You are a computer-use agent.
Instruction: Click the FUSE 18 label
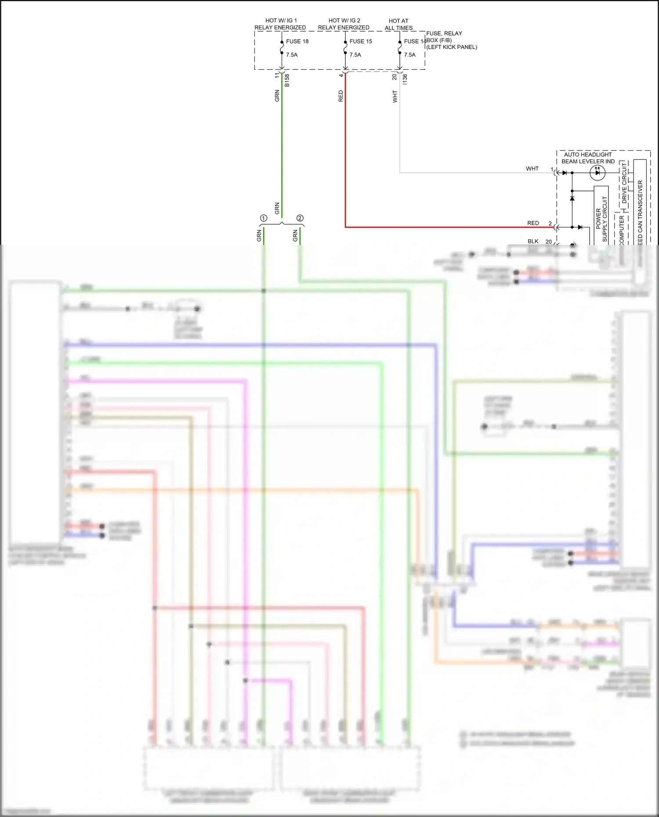[x=297, y=41]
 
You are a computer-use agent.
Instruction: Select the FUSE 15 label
[x=361, y=41]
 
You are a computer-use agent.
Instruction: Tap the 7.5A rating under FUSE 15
[x=355, y=55]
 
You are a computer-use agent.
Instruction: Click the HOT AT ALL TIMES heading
[x=398, y=24]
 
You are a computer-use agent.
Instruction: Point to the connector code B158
[x=287, y=80]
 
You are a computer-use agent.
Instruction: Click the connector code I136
[x=405, y=79]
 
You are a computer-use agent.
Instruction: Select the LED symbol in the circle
[x=597, y=173]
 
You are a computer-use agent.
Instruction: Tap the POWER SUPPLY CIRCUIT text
[x=601, y=219]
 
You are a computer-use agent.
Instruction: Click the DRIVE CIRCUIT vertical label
[x=624, y=183]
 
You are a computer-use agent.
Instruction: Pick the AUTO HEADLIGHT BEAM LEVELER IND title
[x=588, y=158]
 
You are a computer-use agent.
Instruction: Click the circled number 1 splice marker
[x=264, y=218]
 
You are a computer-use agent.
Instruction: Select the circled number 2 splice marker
[x=300, y=218]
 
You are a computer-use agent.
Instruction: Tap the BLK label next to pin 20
[x=533, y=241]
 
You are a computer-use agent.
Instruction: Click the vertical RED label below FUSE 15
[x=340, y=96]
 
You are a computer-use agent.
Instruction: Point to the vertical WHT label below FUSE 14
[x=395, y=97]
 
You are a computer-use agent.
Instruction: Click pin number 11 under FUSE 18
[x=277, y=76]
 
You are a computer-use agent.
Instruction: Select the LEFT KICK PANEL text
[x=452, y=47]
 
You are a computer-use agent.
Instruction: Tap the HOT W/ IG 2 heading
[x=344, y=21]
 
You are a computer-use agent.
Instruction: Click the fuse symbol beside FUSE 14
[x=399, y=47]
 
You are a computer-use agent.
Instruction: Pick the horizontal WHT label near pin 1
[x=532, y=169]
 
